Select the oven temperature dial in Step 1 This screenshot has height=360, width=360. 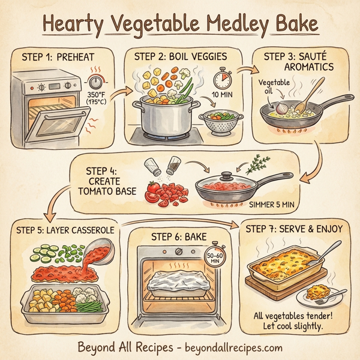pos(96,82)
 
